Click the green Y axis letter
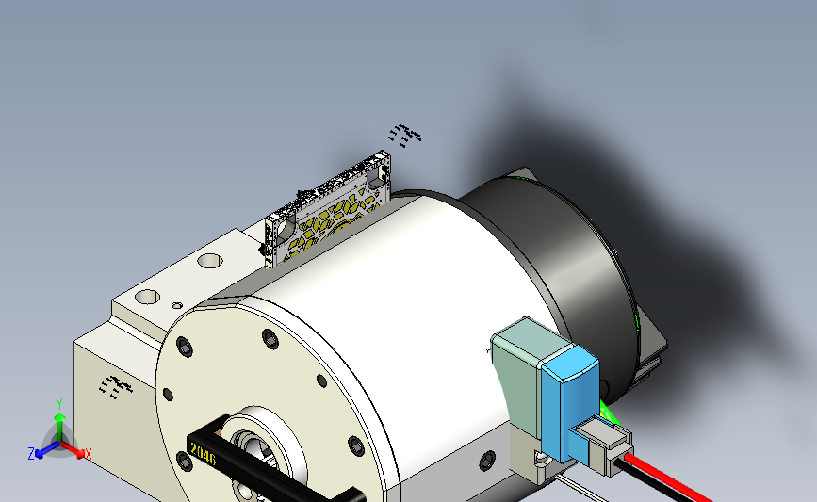58,403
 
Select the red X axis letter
88,454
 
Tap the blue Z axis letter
31,453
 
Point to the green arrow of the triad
58,423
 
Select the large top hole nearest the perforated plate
208,260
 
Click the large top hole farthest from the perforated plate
148,297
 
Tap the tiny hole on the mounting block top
176,305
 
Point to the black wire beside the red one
660,488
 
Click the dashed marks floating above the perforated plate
406,136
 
